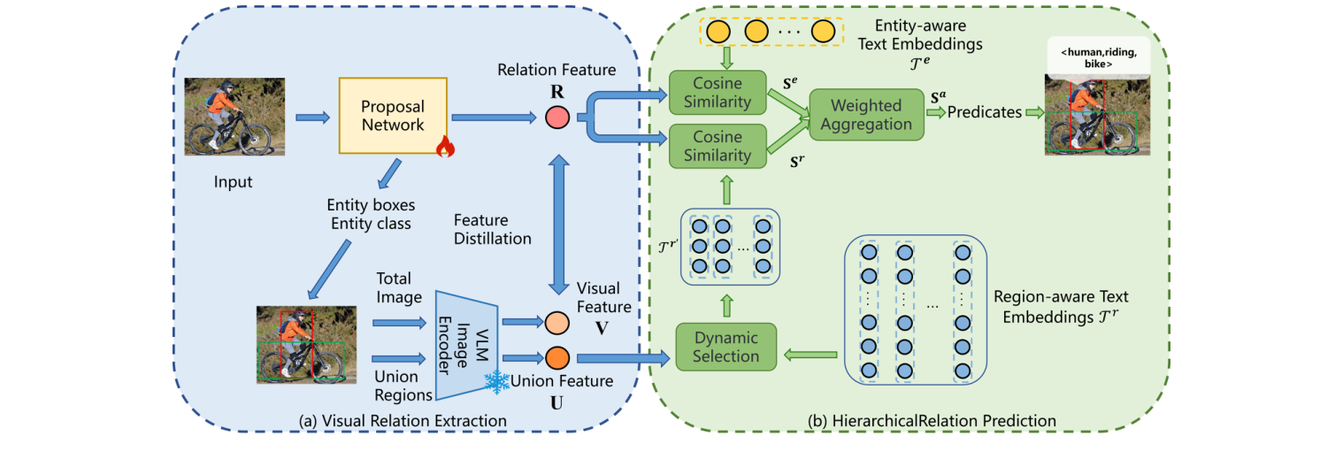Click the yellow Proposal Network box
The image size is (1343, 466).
pyautogui.click(x=393, y=116)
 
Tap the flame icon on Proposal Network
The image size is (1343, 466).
pyautogui.click(x=443, y=147)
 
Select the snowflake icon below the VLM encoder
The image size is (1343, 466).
pyautogui.click(x=497, y=382)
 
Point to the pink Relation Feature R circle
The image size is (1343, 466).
pyautogui.click(x=556, y=117)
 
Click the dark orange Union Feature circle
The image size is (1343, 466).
pyautogui.click(x=556, y=359)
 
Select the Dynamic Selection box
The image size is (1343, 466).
pyautogui.click(x=725, y=347)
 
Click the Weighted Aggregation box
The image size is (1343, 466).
pyautogui.click(x=865, y=114)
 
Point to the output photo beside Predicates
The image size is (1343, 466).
pyautogui.click(x=1097, y=115)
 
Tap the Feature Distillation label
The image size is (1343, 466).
pyautogui.click(x=492, y=228)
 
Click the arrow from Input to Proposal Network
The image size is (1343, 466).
pyautogui.click(x=311, y=116)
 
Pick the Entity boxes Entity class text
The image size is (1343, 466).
pyautogui.click(x=371, y=214)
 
